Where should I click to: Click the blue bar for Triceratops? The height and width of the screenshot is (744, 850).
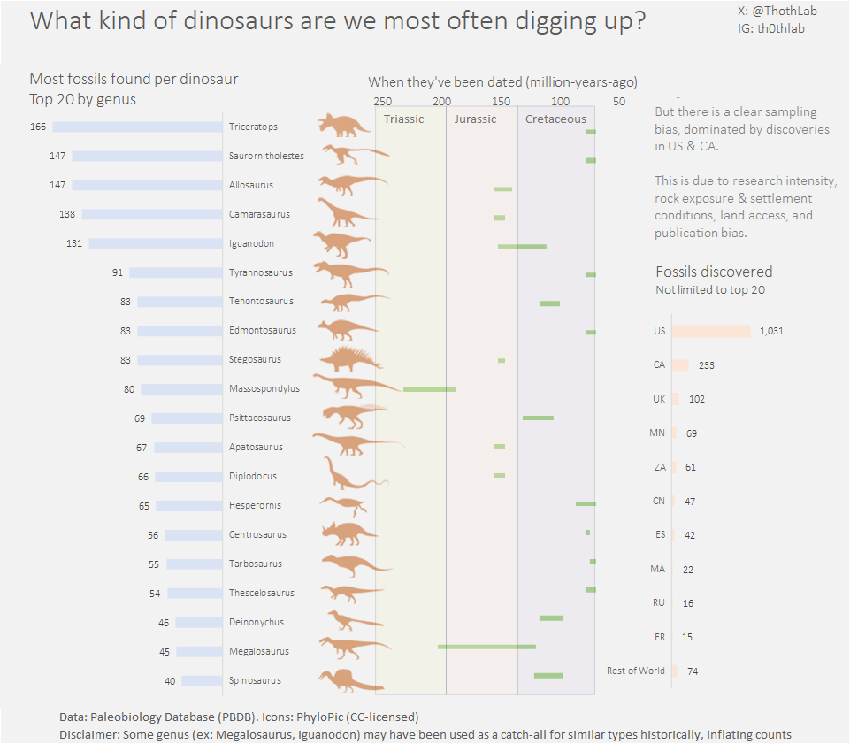click(x=137, y=127)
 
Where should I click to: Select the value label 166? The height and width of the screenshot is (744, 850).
click(x=37, y=127)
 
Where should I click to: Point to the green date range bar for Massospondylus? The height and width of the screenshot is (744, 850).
click(x=429, y=388)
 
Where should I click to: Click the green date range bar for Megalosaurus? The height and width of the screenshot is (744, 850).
click(x=486, y=647)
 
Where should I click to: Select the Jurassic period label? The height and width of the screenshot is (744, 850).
click(x=475, y=119)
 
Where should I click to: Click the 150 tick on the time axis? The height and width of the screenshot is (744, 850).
click(x=501, y=101)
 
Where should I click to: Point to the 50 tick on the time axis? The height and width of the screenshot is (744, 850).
click(x=618, y=101)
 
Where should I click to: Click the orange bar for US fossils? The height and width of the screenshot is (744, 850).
click(x=710, y=331)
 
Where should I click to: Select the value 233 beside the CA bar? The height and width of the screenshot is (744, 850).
click(x=707, y=365)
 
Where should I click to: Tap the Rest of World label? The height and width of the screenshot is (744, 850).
click(x=635, y=671)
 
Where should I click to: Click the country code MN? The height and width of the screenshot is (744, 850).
click(x=656, y=433)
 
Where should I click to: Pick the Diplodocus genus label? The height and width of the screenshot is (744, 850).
click(x=253, y=476)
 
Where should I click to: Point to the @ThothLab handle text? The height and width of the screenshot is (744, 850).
click(x=777, y=11)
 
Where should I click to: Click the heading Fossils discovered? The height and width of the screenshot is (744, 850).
click(x=714, y=272)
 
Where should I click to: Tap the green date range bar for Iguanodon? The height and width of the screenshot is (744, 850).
click(x=522, y=246)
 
